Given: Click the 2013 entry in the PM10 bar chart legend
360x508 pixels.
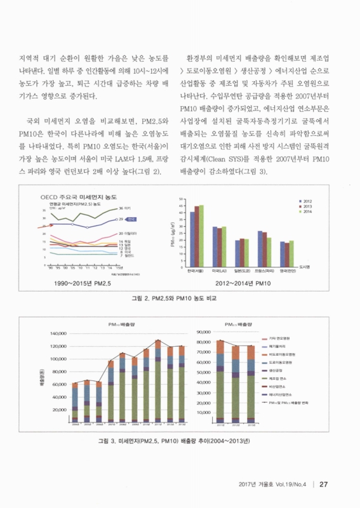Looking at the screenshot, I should [x=307, y=206].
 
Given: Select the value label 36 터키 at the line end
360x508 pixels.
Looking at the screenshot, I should [x=124, y=208].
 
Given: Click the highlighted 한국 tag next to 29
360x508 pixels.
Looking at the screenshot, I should [x=130, y=219].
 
